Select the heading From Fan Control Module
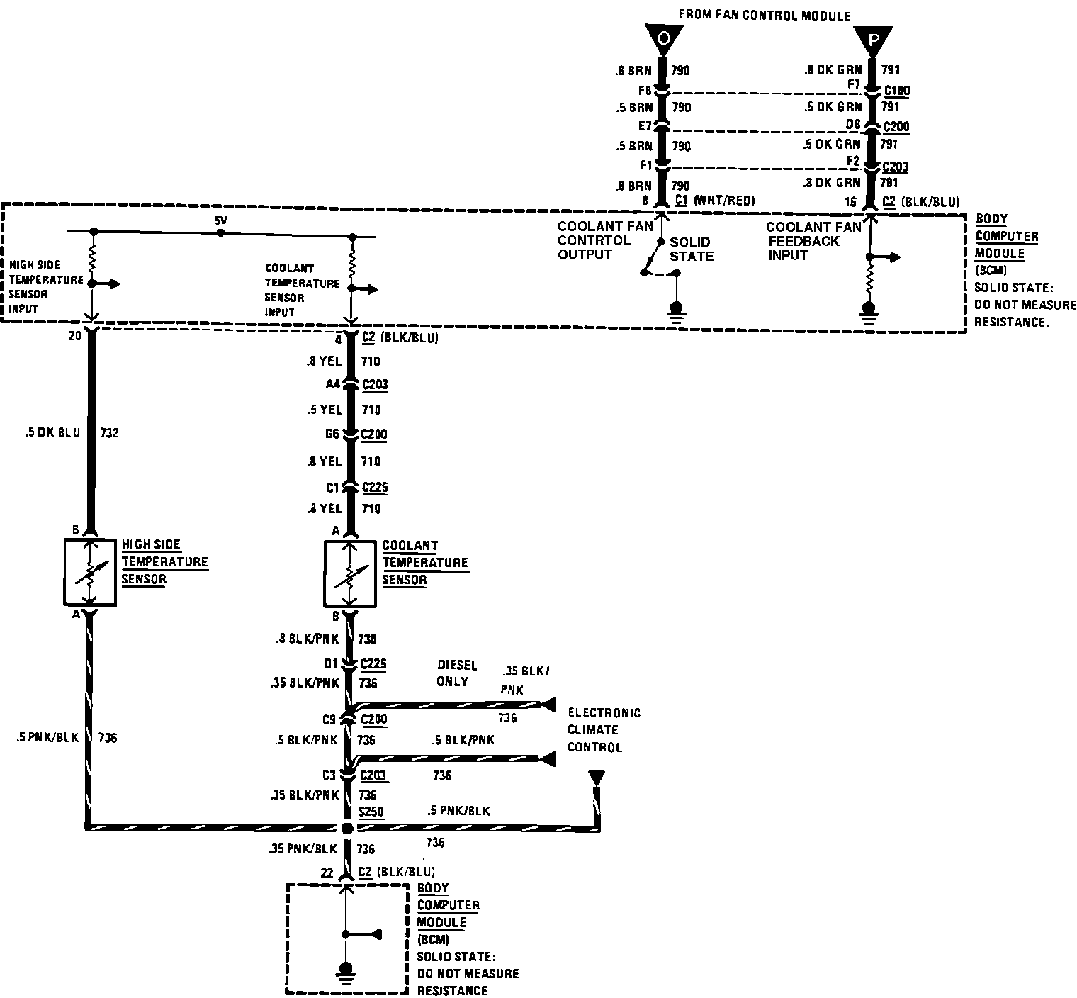click(x=765, y=16)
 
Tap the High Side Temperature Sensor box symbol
click(x=90, y=572)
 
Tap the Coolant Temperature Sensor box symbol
click(x=350, y=573)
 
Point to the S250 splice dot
click(x=346, y=828)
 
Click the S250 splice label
click(x=371, y=810)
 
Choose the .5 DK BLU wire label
click(x=52, y=432)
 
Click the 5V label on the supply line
click(x=222, y=221)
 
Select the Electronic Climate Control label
click(x=604, y=730)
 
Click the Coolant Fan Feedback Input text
click(x=813, y=241)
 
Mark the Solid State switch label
click(x=690, y=249)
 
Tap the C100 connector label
click(x=896, y=91)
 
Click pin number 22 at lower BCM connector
click(x=327, y=873)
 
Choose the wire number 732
click(x=109, y=432)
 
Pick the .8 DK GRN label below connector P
click(x=833, y=69)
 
